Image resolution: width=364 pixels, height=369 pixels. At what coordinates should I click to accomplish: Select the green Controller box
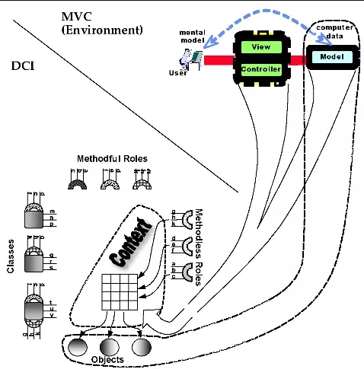tap(260, 69)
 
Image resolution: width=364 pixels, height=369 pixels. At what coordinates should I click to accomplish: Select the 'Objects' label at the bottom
tap(107, 358)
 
